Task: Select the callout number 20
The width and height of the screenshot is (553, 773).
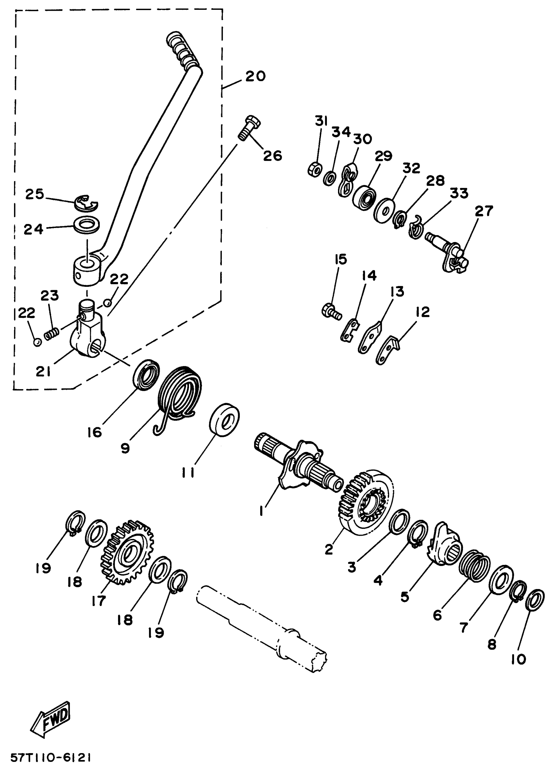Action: point(255,76)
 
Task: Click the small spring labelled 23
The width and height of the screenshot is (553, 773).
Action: point(52,332)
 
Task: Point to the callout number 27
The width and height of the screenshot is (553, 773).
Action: point(483,211)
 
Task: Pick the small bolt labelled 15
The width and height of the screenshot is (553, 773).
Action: point(330,311)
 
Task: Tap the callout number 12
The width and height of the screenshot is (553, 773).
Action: point(422,312)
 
